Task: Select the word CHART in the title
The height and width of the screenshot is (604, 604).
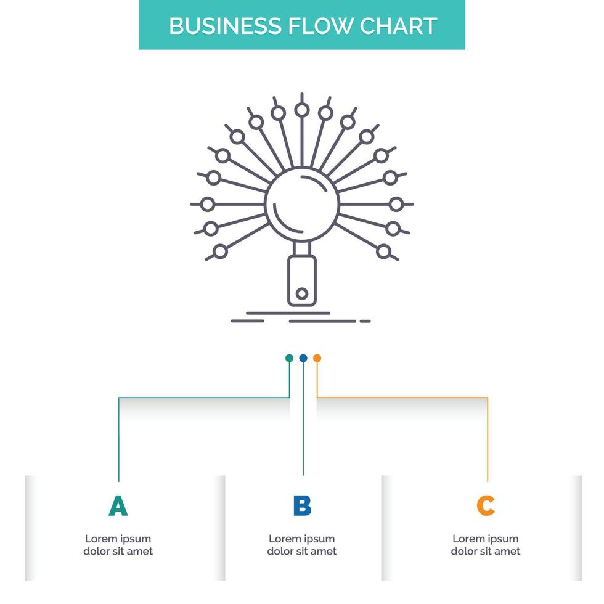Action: click(x=399, y=26)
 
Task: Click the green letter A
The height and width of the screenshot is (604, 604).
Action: click(x=118, y=505)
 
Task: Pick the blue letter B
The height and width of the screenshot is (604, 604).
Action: click(x=302, y=505)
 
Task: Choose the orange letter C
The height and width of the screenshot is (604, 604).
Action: click(x=486, y=505)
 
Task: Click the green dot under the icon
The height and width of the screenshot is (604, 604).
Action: click(x=289, y=358)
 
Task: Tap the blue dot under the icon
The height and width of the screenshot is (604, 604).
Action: click(x=303, y=358)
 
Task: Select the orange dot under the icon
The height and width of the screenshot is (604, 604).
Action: click(x=317, y=358)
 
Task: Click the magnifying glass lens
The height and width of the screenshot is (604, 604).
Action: click(x=302, y=203)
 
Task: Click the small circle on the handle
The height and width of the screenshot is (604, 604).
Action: click(x=301, y=294)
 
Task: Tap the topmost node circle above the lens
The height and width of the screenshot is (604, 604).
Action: click(x=301, y=110)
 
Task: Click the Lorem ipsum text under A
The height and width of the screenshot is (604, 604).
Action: click(x=118, y=545)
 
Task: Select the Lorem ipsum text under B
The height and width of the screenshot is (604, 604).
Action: click(x=302, y=545)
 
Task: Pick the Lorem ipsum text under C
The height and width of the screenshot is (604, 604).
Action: click(x=486, y=545)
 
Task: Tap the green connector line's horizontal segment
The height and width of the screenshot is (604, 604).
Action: click(x=203, y=398)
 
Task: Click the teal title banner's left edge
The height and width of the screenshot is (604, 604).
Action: click(x=141, y=25)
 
